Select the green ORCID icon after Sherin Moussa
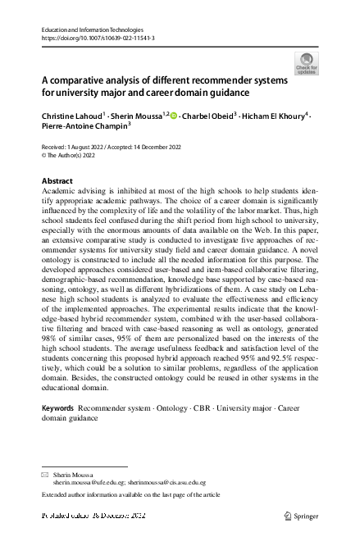174,117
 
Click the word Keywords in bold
58,407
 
